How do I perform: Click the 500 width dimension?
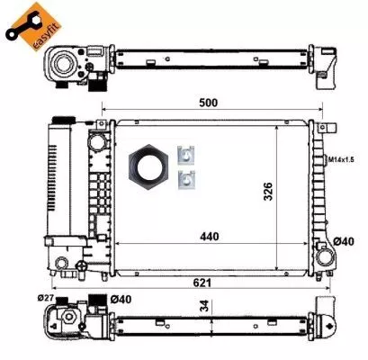[209, 103]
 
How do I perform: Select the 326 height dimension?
[267, 191]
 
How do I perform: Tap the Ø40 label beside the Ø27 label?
[120, 299]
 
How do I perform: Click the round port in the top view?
[66, 62]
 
